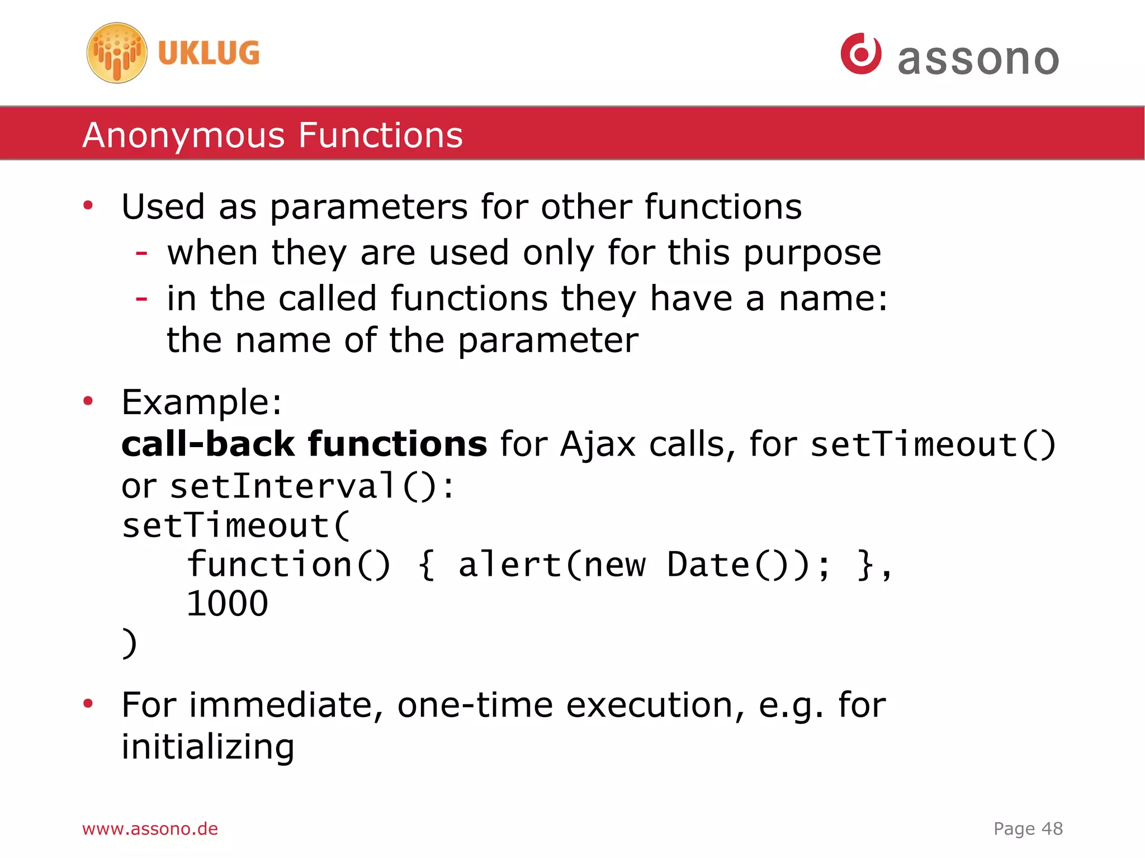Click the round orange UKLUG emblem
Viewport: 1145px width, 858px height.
point(117,53)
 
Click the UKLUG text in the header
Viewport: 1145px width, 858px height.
point(209,53)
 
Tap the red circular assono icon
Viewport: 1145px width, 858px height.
point(861,54)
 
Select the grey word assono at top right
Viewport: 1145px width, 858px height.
point(978,59)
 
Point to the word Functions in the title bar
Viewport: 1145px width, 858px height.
point(380,135)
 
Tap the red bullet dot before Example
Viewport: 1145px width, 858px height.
point(88,401)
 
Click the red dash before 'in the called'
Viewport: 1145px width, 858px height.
point(141,298)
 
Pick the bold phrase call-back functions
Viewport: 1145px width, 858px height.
point(304,444)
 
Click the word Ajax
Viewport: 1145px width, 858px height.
point(598,445)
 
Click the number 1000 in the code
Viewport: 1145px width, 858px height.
point(227,604)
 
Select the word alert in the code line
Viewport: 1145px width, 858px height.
point(509,565)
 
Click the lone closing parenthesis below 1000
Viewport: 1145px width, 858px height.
point(129,643)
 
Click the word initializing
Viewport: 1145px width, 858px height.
point(207,747)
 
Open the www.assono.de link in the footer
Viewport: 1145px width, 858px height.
point(150,828)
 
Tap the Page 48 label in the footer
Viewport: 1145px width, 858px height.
point(1028,828)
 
